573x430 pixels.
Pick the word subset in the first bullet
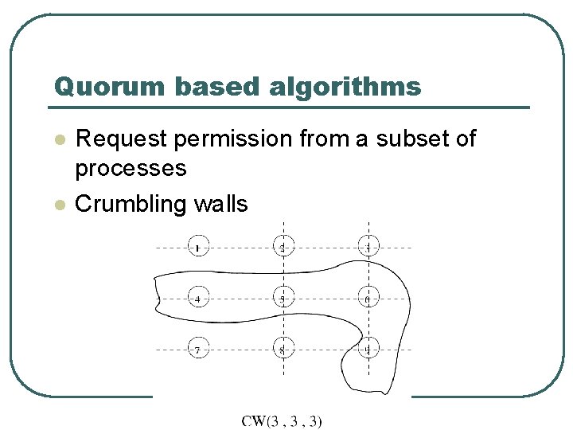pos(411,139)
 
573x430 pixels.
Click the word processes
pos(131,168)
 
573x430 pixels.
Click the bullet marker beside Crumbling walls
pos(57,205)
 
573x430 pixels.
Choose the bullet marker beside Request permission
pos(57,139)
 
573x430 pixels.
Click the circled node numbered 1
pos(198,248)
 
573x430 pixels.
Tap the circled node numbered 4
pos(198,299)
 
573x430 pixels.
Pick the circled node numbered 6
pos(368,299)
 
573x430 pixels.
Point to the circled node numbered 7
pos(198,349)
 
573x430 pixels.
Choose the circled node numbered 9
pos(368,349)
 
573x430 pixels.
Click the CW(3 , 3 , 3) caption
pos(283,420)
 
